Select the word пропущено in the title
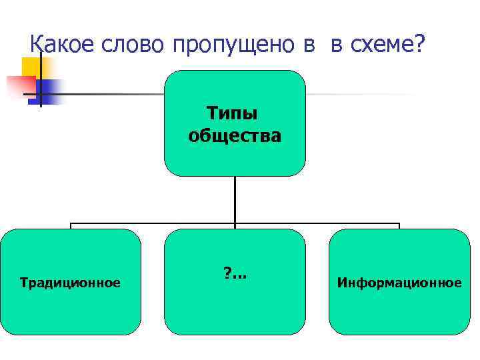[231, 45]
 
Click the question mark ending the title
[417, 44]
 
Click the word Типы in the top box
[235, 115]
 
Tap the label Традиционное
[71, 283]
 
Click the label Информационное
[399, 283]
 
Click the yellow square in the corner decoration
[31, 67]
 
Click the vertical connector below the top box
[235, 199]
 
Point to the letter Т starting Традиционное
[24, 283]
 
